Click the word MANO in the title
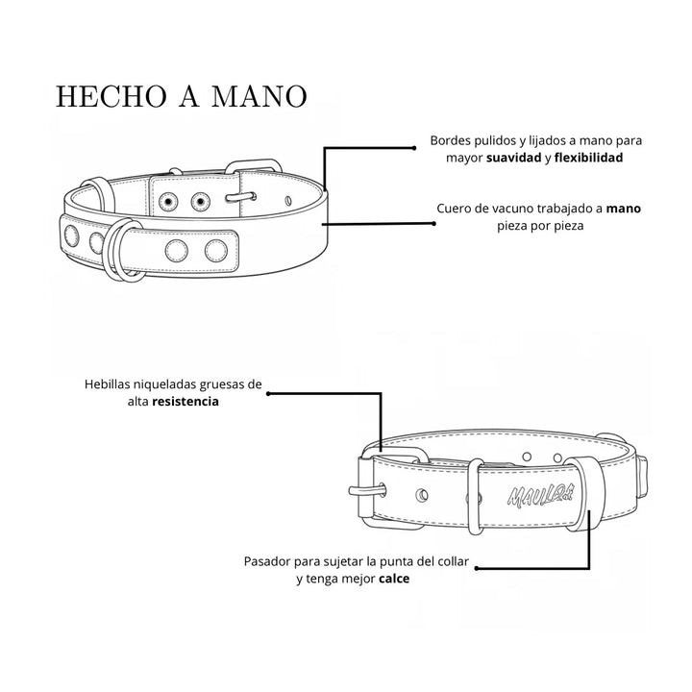[x=259, y=96]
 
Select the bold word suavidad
[x=513, y=158]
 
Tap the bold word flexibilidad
[x=588, y=158]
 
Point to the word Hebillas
[x=108, y=383]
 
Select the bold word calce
[x=394, y=579]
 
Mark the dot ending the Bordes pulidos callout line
[x=414, y=148]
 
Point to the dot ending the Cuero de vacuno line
[x=433, y=224]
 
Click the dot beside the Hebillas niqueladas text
[x=268, y=394]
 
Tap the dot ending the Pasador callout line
[x=477, y=568]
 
